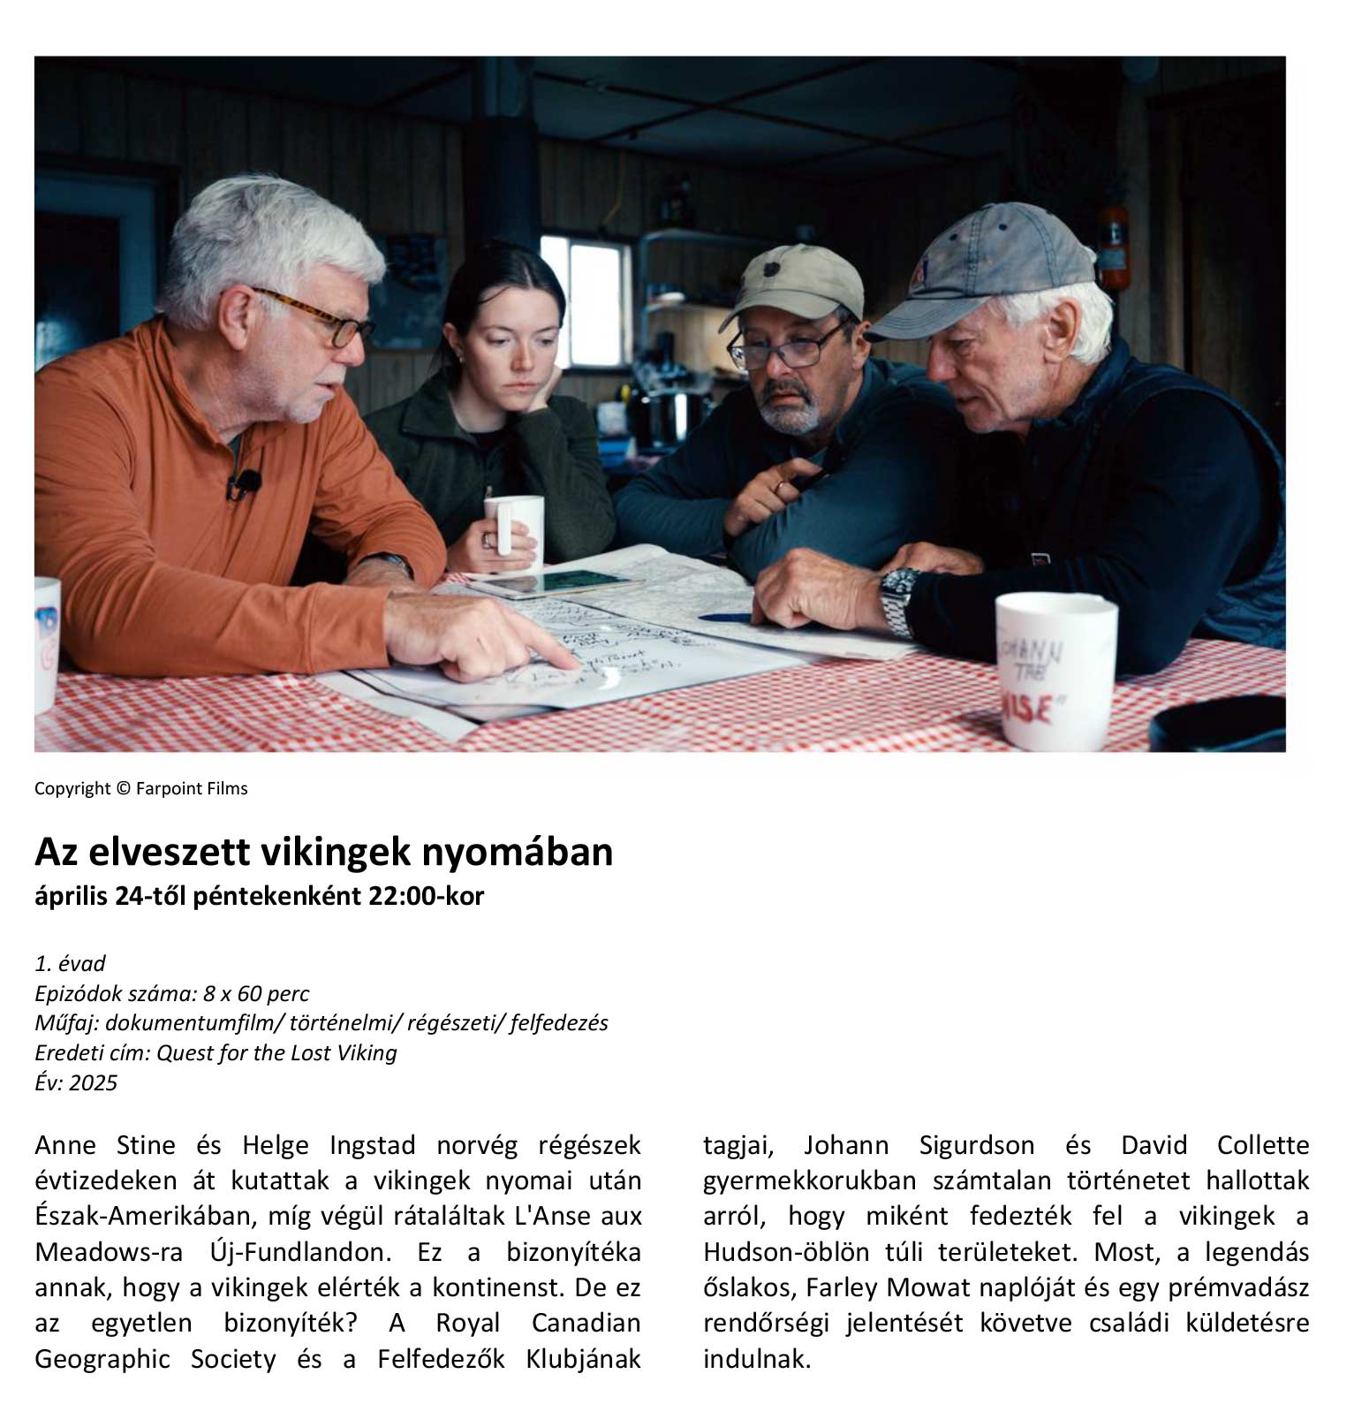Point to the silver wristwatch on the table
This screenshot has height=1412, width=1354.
tap(899, 602)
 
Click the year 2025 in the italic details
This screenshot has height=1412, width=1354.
tap(94, 1082)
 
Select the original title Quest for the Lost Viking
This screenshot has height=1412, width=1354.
tap(276, 1052)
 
